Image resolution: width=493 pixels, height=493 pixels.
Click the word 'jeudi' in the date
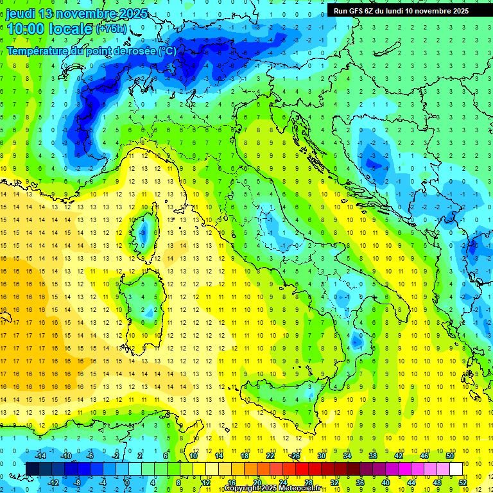pyautogui.click(x=21, y=13)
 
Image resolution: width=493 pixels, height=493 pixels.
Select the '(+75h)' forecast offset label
pyautogui.click(x=110, y=29)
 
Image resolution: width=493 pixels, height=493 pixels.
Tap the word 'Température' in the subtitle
pyautogui.click(x=35, y=51)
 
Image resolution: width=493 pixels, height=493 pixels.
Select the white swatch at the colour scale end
pyautogui.click(x=456, y=469)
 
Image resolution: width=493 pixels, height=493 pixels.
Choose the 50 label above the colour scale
pyautogui.click(x=450, y=456)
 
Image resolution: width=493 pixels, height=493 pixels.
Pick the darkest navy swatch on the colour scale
pyautogui.click(x=32, y=469)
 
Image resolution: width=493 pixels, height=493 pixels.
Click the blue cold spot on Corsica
pyautogui.click(x=143, y=231)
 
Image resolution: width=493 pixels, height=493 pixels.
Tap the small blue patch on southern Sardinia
pyautogui.click(x=149, y=312)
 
